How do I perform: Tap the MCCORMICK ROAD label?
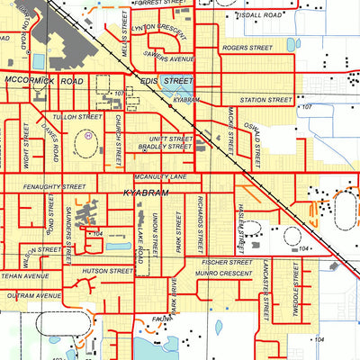coord(43,80)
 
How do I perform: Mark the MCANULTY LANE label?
coord(159,177)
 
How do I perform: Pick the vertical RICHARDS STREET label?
coord(201,220)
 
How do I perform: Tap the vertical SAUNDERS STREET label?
coord(67,234)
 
